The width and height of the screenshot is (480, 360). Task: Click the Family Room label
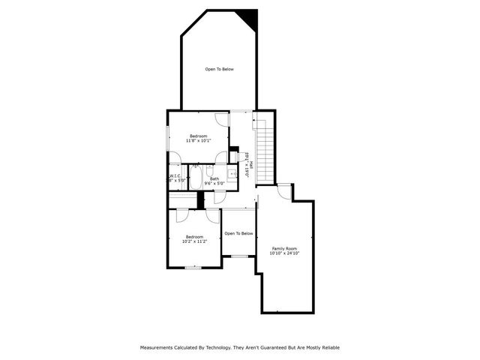[284, 248]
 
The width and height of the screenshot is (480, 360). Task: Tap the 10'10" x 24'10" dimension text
[284, 253]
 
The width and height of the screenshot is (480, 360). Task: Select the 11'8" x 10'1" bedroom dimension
[198, 140]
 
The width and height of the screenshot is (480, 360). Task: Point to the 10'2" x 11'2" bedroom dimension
[194, 241]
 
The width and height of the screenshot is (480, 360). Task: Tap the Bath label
[214, 178]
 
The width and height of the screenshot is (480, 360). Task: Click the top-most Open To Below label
[220, 69]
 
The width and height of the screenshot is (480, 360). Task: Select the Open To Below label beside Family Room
[238, 233]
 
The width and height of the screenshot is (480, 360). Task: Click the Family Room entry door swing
[283, 191]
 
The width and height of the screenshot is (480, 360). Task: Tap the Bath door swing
[219, 197]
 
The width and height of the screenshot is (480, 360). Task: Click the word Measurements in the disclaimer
[160, 347]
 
